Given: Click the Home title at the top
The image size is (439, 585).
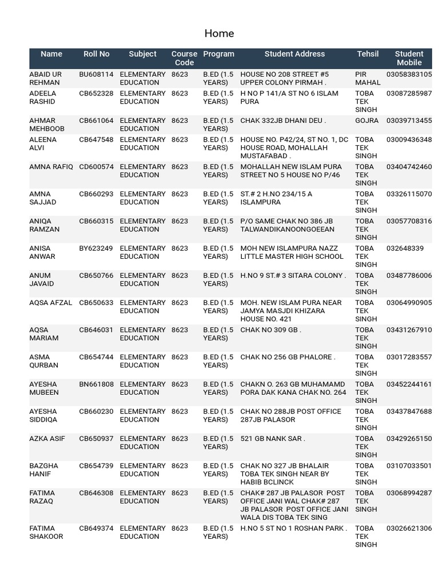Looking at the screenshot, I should (x=219, y=34).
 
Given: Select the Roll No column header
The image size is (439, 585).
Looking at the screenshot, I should (x=96, y=54).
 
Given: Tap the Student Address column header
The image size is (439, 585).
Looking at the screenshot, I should (x=294, y=54).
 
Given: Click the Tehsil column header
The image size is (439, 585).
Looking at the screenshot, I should (x=368, y=54).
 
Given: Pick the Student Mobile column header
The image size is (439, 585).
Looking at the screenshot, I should (x=409, y=58).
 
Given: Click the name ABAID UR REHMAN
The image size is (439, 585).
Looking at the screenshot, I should (x=45, y=78).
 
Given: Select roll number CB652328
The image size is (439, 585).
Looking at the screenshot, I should (x=96, y=94).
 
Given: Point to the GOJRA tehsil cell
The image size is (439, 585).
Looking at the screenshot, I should (x=366, y=121).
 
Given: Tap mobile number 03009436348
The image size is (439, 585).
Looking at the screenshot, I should (x=409, y=140).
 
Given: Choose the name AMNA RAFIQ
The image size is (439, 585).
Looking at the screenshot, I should (x=51, y=167).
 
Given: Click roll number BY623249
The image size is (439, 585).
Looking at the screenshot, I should (x=96, y=249).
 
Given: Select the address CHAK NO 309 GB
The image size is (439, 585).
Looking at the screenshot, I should (x=270, y=330).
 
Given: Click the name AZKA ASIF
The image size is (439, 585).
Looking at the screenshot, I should (x=47, y=439).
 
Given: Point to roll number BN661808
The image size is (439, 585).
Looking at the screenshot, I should (x=96, y=384).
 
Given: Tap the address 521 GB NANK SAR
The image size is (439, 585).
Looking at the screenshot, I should (x=273, y=439).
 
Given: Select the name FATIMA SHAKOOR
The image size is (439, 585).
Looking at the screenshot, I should (x=46, y=532).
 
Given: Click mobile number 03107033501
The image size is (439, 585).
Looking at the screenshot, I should (x=409, y=466).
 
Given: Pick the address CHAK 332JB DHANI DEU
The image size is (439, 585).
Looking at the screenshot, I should (x=283, y=121).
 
